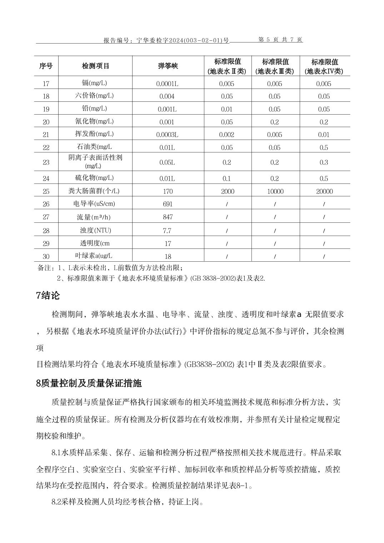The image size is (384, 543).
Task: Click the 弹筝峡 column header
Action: pyautogui.click(x=168, y=66)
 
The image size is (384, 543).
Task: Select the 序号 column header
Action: pyautogui.click(x=46, y=66)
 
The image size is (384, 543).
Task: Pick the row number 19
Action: pyautogui.click(x=46, y=109)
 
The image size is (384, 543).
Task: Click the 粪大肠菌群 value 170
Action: pyautogui.click(x=168, y=191)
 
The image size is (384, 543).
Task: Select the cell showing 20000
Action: pyautogui.click(x=324, y=191)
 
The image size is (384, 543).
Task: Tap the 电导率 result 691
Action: pyautogui.click(x=167, y=204)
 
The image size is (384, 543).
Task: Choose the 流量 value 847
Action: pyautogui.click(x=167, y=217)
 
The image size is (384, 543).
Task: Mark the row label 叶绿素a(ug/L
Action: pyautogui.click(x=94, y=256)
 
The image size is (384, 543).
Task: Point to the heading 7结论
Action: pyautogui.click(x=48, y=296)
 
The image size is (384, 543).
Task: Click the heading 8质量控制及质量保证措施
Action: pyautogui.click(x=89, y=383)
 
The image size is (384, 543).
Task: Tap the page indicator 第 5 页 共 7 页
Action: pyautogui.click(x=280, y=40)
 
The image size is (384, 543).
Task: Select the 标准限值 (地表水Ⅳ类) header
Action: pyautogui.click(x=324, y=66)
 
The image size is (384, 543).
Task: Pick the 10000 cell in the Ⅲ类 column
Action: pyautogui.click(x=275, y=191)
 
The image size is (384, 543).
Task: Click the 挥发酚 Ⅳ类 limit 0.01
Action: pyautogui.click(x=324, y=135)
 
